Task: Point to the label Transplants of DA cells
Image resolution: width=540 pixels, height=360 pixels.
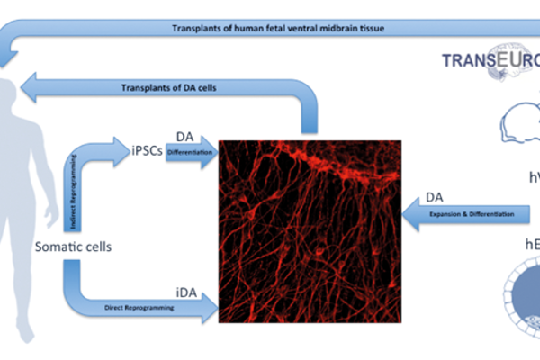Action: (168, 87)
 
